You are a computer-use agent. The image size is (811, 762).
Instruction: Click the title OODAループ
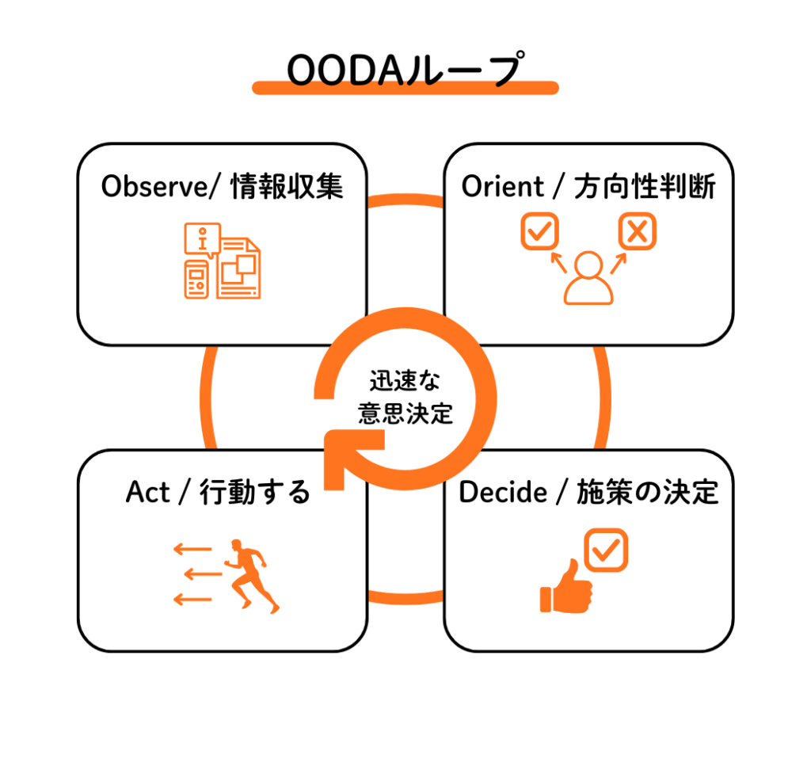coord(405,70)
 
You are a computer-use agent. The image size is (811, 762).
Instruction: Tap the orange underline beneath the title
coord(405,88)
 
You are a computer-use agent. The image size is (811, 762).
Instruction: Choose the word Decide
coord(503,492)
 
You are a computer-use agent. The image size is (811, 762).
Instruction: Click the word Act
coord(147,492)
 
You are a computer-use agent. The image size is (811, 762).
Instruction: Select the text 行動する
coord(254,492)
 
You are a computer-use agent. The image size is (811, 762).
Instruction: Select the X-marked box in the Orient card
coord(637,231)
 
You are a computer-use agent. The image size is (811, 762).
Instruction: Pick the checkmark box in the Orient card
coord(539,231)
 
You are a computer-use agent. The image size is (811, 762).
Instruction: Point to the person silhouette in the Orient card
coord(588,279)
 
